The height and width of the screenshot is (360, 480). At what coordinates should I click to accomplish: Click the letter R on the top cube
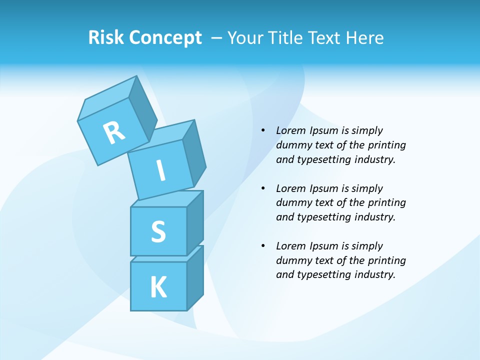pos(114,132)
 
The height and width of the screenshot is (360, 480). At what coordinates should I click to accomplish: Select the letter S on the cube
pos(158,232)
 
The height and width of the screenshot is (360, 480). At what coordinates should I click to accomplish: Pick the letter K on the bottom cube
pos(158,287)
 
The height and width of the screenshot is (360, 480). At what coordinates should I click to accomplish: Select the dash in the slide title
pos(217,38)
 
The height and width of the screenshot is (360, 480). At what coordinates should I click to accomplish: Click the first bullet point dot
pos(263,130)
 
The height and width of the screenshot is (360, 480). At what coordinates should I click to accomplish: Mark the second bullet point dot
pos(263,188)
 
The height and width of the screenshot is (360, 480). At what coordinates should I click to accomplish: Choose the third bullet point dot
pos(263,246)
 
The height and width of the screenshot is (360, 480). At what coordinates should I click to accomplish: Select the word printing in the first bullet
pos(386,145)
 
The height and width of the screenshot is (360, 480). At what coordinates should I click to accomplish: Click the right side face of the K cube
pos(195,279)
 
